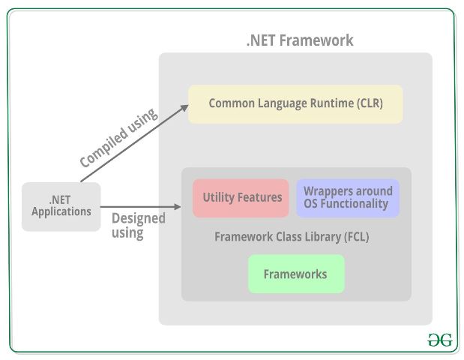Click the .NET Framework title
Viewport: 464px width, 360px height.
pyautogui.click(x=299, y=40)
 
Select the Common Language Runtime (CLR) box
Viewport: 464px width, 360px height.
pyautogui.click(x=295, y=103)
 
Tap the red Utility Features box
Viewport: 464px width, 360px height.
pyautogui.click(x=241, y=198)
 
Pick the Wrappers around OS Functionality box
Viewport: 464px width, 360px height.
pyautogui.click(x=348, y=198)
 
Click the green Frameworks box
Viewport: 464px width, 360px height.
pyautogui.click(x=296, y=274)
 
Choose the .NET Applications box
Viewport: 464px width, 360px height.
pyautogui.click(x=61, y=206)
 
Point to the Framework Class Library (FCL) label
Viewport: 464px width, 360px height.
pyautogui.click(x=292, y=237)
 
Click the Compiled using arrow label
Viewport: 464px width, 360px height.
pyautogui.click(x=118, y=138)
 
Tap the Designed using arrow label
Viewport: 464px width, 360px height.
pyautogui.click(x=138, y=226)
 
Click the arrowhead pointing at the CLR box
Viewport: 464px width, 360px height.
pyautogui.click(x=184, y=107)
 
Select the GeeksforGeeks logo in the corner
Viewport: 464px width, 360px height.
pyautogui.click(x=440, y=340)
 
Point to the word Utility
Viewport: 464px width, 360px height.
pyautogui.click(x=218, y=198)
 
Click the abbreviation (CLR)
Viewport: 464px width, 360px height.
pyautogui.click(x=367, y=103)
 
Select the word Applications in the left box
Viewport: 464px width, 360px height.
pyautogui.click(x=61, y=212)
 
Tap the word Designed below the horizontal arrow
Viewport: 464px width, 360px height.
pyautogui.click(x=138, y=219)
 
